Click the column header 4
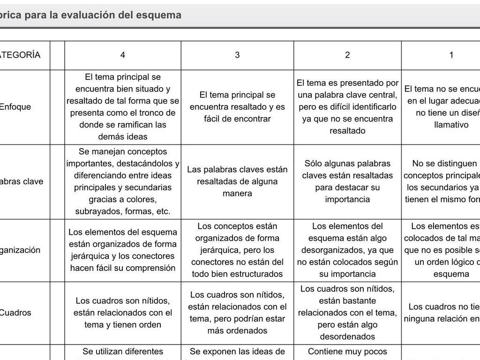tap(123, 55)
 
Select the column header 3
tap(237, 55)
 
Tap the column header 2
tap(347, 55)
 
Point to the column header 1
tap(451, 55)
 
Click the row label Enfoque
tap(15, 106)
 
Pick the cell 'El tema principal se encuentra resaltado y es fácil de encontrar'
tap(237, 107)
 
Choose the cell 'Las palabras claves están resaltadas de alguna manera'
tap(237, 181)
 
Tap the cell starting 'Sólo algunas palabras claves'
tap(347, 181)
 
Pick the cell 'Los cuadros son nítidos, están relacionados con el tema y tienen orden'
tap(123, 313)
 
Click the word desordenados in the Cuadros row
tap(347, 337)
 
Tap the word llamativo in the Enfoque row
tap(451, 125)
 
